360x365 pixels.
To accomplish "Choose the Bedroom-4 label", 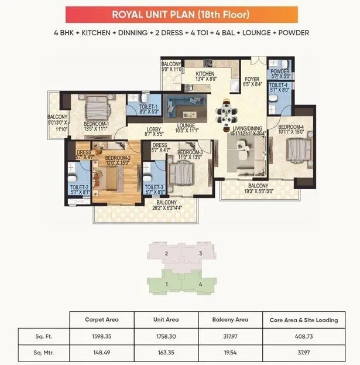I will [x=291, y=128].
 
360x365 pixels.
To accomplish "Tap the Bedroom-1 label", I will [x=97, y=124].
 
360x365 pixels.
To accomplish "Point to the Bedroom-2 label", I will [x=117, y=158].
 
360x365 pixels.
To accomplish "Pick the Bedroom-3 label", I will [x=190, y=153].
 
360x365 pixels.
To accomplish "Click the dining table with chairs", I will [x=226, y=113].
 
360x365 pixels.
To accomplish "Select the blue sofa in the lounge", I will [x=177, y=106].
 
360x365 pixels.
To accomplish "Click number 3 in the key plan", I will [x=200, y=253].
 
